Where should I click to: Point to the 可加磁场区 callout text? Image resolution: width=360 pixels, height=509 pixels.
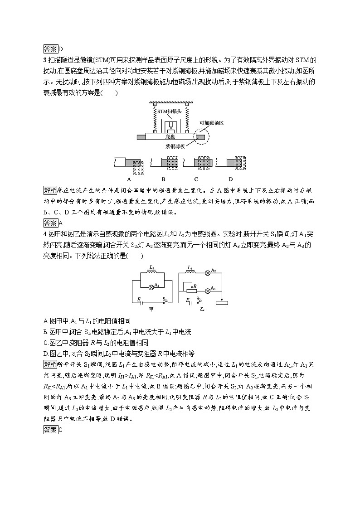(x=212, y=123)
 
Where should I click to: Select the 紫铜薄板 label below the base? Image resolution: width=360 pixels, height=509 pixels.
(x=175, y=146)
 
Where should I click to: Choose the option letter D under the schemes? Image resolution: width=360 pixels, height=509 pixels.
(x=230, y=178)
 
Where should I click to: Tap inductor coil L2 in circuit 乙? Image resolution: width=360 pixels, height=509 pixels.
(x=191, y=272)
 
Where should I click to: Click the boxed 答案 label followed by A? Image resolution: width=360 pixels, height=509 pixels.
(x=50, y=223)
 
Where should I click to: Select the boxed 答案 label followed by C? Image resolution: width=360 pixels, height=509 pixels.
(x=50, y=430)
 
